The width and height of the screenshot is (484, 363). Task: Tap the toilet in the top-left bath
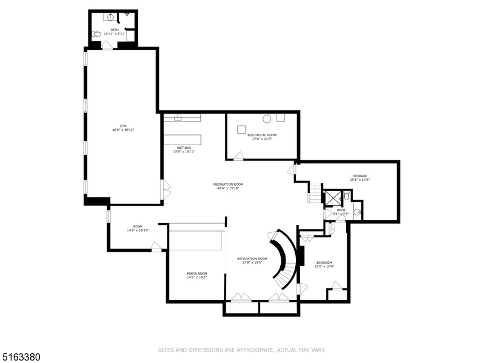(97, 34)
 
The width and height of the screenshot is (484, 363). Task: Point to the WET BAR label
(185, 148)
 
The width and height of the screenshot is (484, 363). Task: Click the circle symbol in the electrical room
(266, 119)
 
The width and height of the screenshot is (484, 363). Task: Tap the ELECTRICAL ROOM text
(262, 134)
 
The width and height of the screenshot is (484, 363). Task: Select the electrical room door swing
(238, 157)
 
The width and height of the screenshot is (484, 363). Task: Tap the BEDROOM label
(324, 263)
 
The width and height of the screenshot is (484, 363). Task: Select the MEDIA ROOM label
(197, 273)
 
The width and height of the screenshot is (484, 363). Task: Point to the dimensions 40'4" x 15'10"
(228, 188)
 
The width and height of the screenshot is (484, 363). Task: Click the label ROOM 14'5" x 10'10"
(137, 228)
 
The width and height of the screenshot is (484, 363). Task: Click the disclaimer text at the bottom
(242, 349)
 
